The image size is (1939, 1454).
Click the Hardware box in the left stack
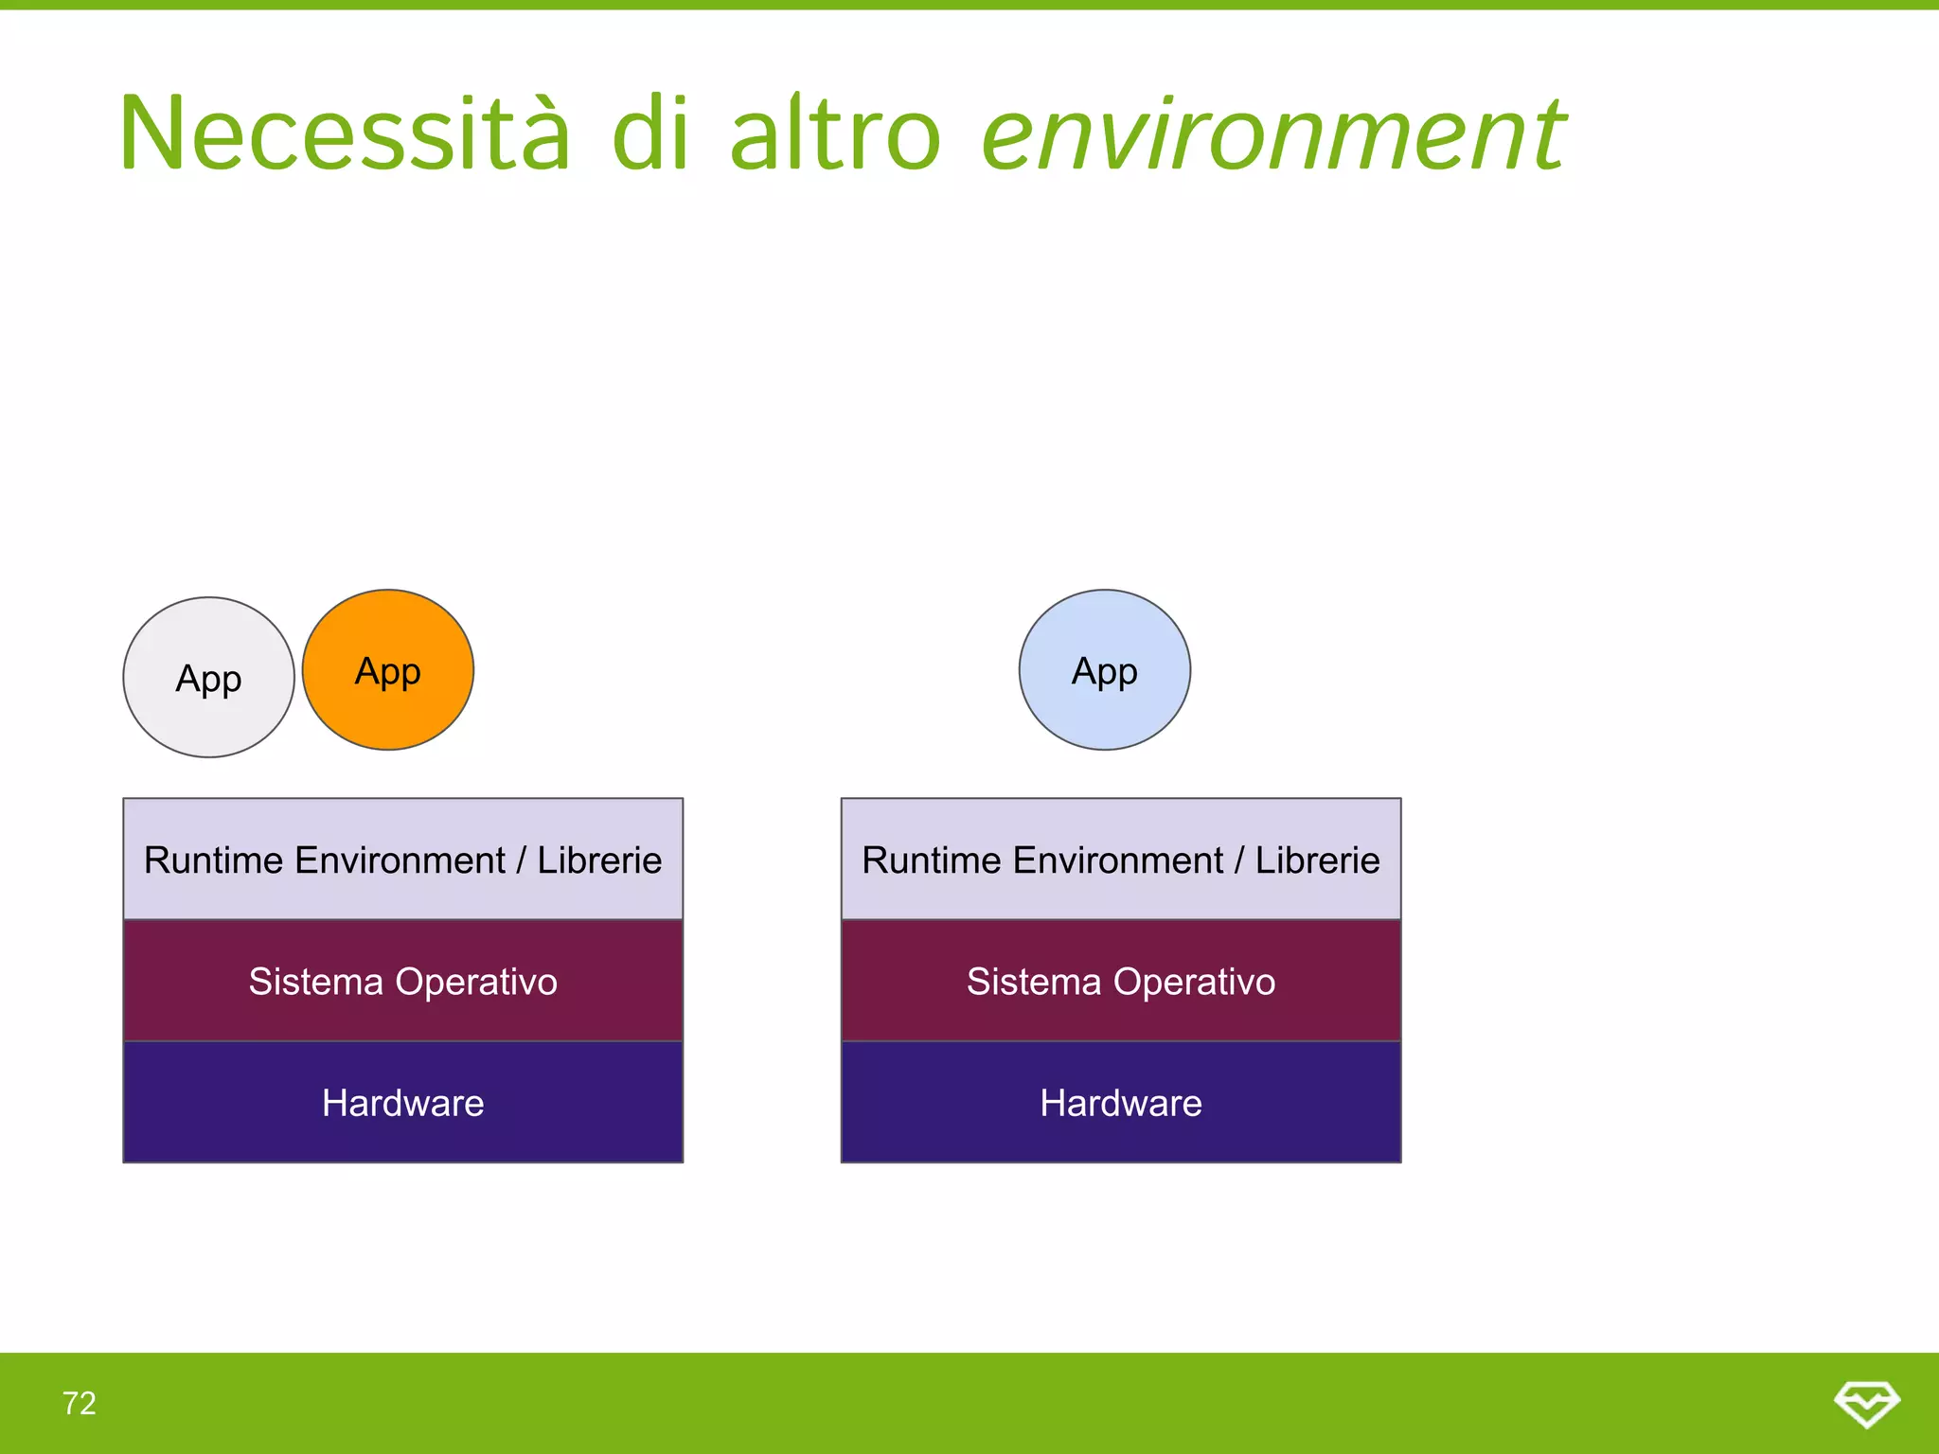(402, 1103)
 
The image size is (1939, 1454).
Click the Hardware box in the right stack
(1121, 1103)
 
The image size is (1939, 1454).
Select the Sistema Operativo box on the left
(402, 982)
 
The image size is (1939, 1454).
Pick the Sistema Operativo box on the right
(1121, 982)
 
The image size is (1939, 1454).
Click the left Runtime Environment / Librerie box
(402, 860)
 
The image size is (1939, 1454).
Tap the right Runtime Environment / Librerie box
(1121, 860)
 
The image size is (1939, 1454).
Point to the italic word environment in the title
(1273, 134)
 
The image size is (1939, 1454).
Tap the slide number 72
(80, 1403)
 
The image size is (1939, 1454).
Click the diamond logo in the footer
(1866, 1403)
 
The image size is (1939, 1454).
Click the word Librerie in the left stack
(599, 860)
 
